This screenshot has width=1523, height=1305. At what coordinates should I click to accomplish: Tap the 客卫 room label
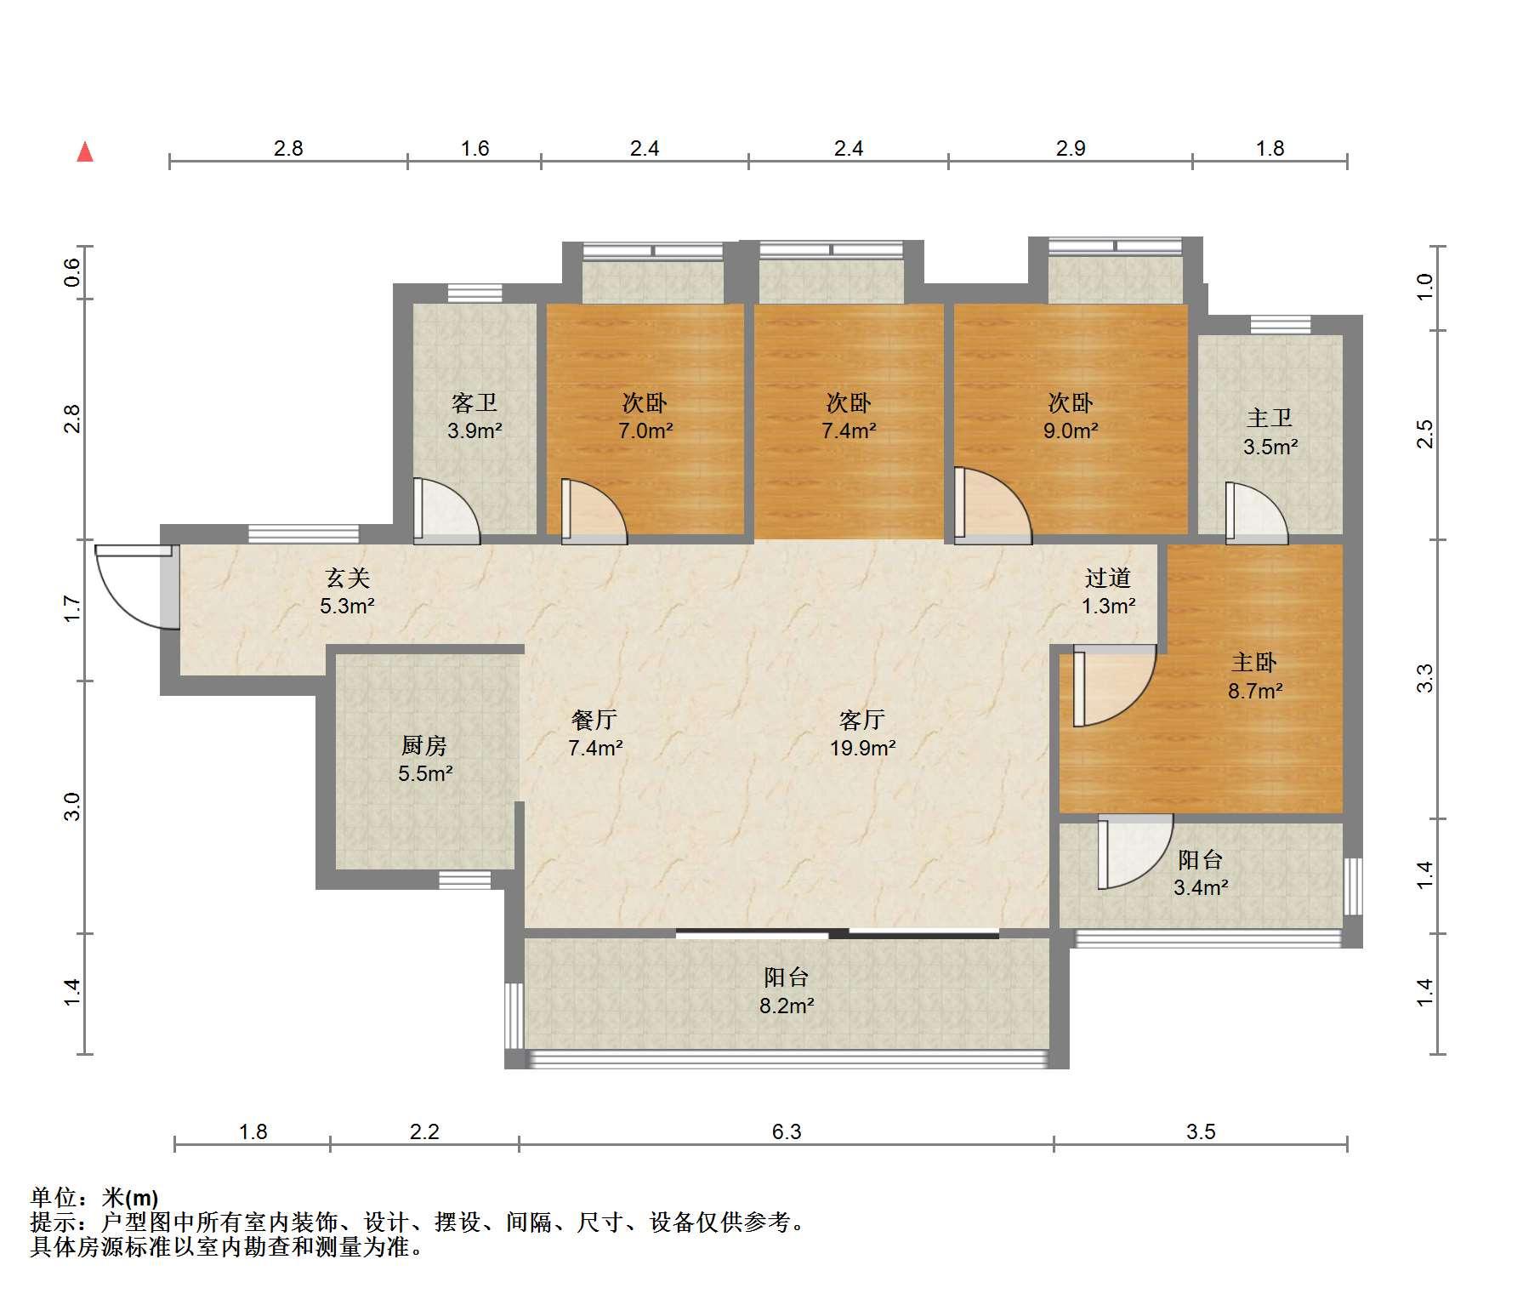(475, 402)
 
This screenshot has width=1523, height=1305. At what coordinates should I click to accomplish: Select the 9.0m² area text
(1071, 430)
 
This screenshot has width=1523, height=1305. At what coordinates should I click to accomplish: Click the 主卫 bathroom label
(1270, 419)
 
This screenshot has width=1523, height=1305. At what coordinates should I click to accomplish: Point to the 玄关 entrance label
(348, 578)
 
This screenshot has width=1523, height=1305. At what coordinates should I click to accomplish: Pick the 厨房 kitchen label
(424, 746)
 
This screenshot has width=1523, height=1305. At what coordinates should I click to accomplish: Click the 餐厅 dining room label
(594, 721)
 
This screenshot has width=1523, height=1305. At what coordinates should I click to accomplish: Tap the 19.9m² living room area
(863, 749)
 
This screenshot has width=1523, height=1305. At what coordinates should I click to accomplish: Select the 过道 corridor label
(1108, 578)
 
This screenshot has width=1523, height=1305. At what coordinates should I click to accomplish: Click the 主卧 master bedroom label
(1255, 663)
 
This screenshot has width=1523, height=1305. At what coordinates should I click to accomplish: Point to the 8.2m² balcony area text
(787, 1006)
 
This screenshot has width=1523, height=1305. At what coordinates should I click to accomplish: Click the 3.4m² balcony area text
(1201, 887)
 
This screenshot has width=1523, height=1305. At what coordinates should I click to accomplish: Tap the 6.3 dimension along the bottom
(787, 1131)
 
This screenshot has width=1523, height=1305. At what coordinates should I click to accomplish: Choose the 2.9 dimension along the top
(1071, 148)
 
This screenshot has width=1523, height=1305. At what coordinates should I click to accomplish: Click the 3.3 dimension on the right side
(1425, 678)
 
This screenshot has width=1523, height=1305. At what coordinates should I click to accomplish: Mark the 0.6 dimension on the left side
(72, 272)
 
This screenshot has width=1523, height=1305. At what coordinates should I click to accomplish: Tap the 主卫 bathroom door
(1257, 513)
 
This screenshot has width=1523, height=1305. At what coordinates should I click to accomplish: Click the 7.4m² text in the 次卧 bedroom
(849, 430)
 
